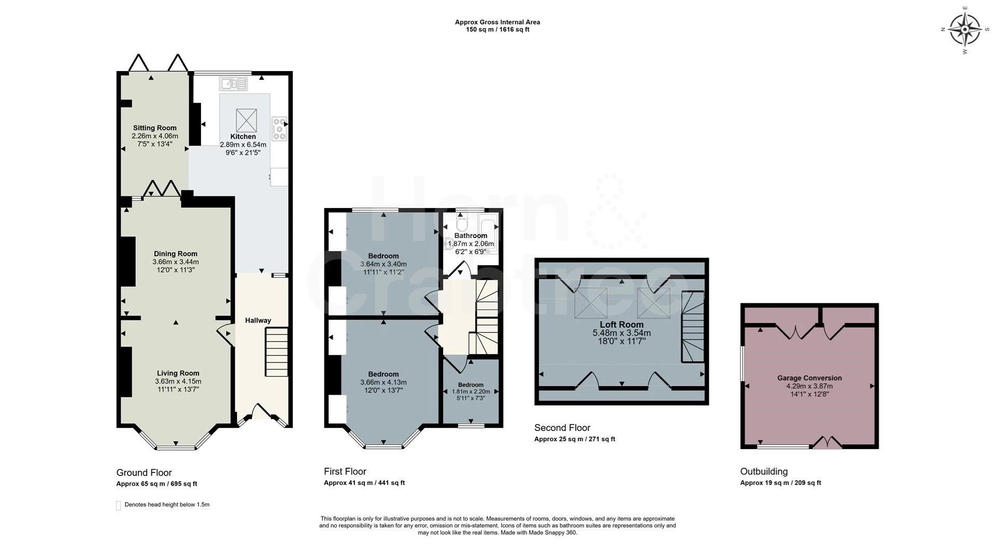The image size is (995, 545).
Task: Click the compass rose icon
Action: pyautogui.click(x=965, y=30)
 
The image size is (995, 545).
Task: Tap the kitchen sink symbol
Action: pyautogui.click(x=234, y=83)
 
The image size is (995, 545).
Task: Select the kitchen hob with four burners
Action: pyautogui.click(x=279, y=128)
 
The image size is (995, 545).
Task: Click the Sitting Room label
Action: pyautogui.click(x=154, y=128)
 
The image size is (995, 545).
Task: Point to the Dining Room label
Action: pyautogui.click(x=176, y=254)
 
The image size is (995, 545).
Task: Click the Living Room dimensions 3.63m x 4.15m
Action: pyautogui.click(x=178, y=381)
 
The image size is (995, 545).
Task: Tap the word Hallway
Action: pyautogui.click(x=258, y=320)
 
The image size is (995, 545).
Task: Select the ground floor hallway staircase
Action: pyautogui.click(x=277, y=352)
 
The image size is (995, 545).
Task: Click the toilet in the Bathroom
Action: pyautogui.click(x=462, y=224)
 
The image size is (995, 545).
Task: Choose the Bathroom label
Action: pyautogui.click(x=471, y=235)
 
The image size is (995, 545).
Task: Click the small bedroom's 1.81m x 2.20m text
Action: pyautogui.click(x=471, y=392)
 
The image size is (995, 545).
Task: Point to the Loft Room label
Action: pyautogui.click(x=621, y=325)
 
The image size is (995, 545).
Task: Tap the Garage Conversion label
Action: pyautogui.click(x=809, y=378)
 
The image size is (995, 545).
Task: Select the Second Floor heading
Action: pyautogui.click(x=562, y=428)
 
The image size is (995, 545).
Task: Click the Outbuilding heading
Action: pyautogui.click(x=764, y=471)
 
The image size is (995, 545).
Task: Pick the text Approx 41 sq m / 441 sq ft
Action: pyautogui.click(x=364, y=483)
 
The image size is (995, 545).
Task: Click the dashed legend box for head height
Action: pyautogui.click(x=118, y=506)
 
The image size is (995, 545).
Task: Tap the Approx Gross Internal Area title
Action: pyautogui.click(x=497, y=22)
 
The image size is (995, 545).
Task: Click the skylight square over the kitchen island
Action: pyautogui.click(x=247, y=120)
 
